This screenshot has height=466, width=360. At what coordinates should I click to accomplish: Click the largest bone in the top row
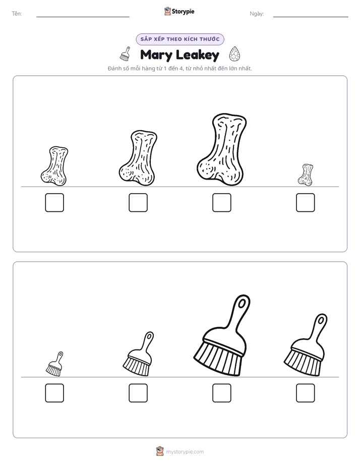[x=221, y=149]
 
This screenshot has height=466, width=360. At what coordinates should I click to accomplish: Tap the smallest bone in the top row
[x=306, y=174]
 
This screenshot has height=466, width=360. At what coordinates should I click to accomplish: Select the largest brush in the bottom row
[x=221, y=336]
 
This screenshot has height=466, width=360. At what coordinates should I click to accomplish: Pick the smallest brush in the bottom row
[x=54, y=364]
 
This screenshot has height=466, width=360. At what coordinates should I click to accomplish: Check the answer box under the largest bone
[x=221, y=203]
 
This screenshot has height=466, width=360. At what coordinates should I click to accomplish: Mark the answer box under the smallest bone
[x=306, y=203]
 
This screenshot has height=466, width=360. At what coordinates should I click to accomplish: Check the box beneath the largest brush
[x=221, y=393]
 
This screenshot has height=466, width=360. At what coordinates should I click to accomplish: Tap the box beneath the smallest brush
[x=54, y=393]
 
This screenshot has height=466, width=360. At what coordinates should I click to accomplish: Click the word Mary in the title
[x=156, y=55]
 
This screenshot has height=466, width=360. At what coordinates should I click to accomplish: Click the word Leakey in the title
[x=198, y=55]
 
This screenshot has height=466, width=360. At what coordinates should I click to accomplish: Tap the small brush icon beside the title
[x=125, y=54]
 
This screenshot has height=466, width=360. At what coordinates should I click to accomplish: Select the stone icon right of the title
[x=234, y=54]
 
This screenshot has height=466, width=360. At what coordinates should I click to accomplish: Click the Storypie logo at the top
[x=179, y=11]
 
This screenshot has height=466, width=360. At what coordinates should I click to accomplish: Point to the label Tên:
[x=17, y=14]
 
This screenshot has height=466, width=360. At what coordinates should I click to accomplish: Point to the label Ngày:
[x=257, y=14]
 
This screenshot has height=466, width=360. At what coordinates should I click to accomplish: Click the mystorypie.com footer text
[x=185, y=452]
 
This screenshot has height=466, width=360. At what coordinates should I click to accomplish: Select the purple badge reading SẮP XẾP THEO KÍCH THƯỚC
[x=180, y=39]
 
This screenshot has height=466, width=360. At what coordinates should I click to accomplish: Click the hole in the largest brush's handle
[x=243, y=303]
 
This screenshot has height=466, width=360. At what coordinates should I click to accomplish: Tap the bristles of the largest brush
[x=217, y=360]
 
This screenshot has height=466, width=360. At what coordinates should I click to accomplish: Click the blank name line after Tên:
[x=83, y=17]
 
